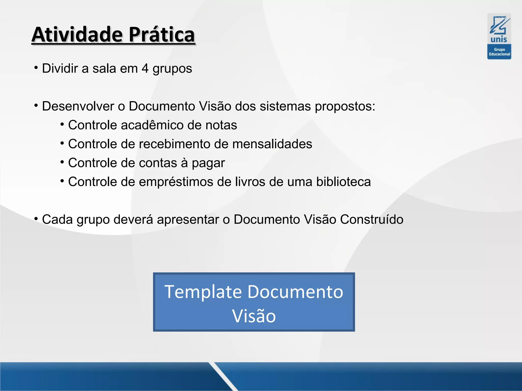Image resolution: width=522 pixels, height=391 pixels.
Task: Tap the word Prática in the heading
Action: click(162, 35)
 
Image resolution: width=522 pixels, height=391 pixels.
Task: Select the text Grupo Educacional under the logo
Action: click(499, 52)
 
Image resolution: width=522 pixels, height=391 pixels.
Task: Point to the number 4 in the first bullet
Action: click(145, 68)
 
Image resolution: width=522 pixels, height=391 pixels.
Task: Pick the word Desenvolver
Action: click(78, 106)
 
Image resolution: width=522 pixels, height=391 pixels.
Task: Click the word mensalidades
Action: click(272, 144)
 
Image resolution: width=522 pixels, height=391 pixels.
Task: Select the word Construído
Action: click(372, 219)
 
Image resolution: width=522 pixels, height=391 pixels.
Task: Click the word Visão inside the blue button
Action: click(254, 316)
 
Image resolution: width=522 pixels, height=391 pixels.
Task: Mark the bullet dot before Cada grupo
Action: click(36, 219)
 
